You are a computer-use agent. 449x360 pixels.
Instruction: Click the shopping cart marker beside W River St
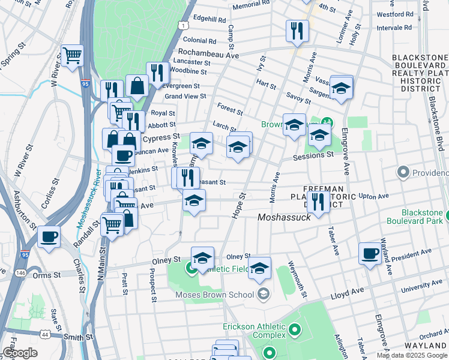pos(72,56)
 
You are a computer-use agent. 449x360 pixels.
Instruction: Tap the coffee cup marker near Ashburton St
pos(49,235)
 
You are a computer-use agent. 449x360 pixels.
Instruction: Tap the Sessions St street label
pos(313,155)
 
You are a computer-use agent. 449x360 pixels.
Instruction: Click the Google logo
pos(20,353)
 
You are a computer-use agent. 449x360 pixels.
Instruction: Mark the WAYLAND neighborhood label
pos(423,347)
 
